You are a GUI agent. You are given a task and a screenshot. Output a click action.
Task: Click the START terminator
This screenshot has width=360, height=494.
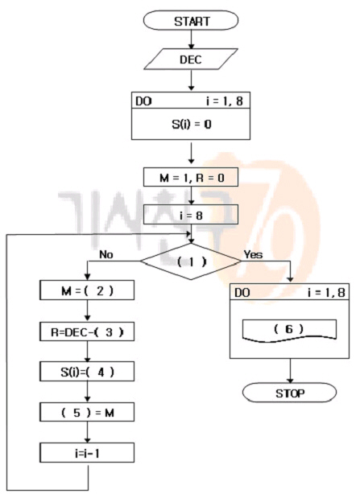(191, 20)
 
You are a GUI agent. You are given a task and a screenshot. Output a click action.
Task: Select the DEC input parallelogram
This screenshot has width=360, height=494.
(191, 59)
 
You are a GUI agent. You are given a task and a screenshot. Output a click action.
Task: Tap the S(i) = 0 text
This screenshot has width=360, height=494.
(192, 124)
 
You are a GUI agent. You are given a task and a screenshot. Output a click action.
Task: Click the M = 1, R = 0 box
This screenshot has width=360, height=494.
(191, 177)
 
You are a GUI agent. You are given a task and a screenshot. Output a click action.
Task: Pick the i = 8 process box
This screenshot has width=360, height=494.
(191, 215)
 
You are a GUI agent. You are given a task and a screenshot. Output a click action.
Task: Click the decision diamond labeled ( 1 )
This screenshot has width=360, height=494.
(191, 261)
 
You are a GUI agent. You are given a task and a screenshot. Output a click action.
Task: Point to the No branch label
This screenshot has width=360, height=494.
(106, 254)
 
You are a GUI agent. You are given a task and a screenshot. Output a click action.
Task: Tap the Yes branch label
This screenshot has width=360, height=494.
(253, 254)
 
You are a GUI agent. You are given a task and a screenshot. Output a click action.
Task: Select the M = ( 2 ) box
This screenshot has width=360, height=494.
(87, 290)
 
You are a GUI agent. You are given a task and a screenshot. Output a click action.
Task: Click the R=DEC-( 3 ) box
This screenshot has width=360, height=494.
(87, 331)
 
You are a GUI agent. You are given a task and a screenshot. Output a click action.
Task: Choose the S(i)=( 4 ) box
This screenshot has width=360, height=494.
(87, 372)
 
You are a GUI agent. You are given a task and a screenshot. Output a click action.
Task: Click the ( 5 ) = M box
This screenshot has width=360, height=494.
(87, 412)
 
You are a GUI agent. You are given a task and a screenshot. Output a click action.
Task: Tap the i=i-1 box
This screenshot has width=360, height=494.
(87, 453)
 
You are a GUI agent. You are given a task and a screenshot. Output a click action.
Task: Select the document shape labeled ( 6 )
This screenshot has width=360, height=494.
(289, 330)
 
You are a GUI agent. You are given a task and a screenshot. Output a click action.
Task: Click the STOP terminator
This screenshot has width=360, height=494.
(289, 393)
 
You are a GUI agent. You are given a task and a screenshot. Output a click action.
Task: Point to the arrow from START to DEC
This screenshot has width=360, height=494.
(191, 39)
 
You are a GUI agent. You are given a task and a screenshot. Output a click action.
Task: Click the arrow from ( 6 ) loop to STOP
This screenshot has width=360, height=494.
(290, 371)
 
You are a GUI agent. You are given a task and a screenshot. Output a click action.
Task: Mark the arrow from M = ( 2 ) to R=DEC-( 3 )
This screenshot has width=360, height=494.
(88, 311)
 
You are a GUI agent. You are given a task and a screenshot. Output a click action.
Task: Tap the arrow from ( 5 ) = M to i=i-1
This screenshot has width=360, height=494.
(88, 432)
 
